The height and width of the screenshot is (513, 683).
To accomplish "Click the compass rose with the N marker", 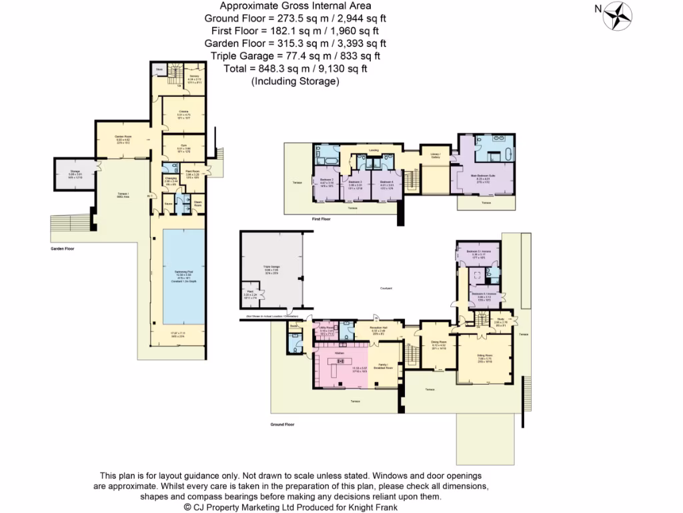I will pos(618,15).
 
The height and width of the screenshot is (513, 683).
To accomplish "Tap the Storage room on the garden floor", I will pos(75,172).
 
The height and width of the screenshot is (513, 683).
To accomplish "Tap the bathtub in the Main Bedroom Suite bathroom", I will pos(509,155).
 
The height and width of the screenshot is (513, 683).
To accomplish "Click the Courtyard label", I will pos(386,288).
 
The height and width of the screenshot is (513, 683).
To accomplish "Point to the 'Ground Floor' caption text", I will pos(282,424).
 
